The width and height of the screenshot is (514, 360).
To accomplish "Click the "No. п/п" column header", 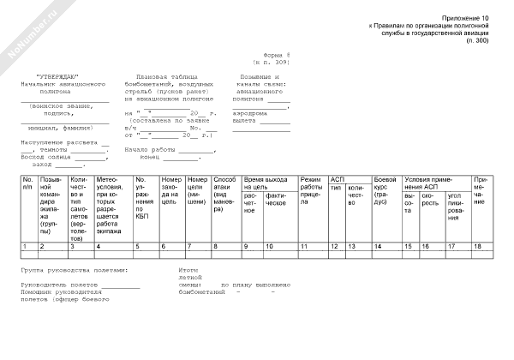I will (28, 183).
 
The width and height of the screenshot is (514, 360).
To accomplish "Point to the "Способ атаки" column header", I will (226, 193).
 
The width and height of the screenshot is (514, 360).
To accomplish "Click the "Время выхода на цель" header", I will (265, 183).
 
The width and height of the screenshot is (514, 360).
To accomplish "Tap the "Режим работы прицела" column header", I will (311, 188).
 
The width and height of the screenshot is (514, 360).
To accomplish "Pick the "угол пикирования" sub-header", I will (457, 207).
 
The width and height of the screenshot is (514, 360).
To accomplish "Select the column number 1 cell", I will (26, 247).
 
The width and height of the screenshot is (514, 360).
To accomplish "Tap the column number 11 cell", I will (304, 247).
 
